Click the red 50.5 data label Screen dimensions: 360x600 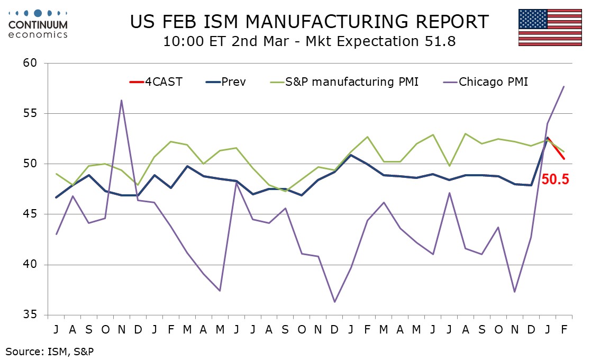click(555, 180)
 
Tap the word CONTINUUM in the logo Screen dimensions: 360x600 click(38, 24)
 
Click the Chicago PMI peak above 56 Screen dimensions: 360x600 click(122, 100)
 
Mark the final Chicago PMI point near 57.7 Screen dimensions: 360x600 click(563, 86)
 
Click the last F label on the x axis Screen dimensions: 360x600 click(563, 329)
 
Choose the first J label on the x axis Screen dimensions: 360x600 click(56, 329)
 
